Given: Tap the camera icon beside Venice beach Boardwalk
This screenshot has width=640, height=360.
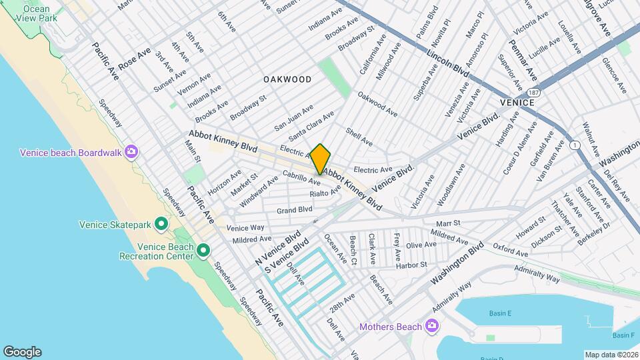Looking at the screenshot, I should point(132,152).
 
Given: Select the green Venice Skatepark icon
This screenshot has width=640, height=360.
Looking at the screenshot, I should point(161,225).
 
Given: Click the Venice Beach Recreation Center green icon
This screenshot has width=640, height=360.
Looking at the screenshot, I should point(203,251).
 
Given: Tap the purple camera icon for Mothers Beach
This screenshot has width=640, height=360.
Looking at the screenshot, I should point(432,326).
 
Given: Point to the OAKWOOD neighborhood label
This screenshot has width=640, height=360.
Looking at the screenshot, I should point(287,79).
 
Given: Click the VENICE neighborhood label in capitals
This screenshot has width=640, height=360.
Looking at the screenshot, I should point(517,103).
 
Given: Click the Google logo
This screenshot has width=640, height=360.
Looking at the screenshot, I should point(22,351).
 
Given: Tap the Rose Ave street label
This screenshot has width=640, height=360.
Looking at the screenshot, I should point(135,59).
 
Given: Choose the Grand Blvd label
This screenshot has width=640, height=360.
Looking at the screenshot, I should point(295,210).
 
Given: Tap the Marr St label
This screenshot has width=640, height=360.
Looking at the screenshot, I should point(449,223).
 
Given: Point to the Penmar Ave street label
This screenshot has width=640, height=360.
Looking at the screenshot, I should point(524,59).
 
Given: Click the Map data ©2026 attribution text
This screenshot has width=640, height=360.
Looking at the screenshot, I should point(611,354).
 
